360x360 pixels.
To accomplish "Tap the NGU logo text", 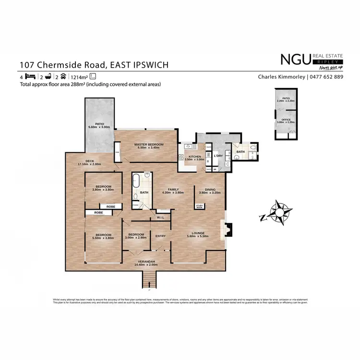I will pyautogui.click(x=295, y=60).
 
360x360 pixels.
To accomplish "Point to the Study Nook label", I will pyautogui.click(x=199, y=206).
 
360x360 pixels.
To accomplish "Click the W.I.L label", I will pyautogui.click(x=161, y=218).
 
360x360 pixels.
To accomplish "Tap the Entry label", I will pyautogui.click(x=160, y=236).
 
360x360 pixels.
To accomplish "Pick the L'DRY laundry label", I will pyautogui.click(x=218, y=156).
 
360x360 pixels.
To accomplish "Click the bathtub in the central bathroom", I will pyautogui.click(x=136, y=182).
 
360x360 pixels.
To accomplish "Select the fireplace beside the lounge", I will pyautogui.click(x=228, y=229).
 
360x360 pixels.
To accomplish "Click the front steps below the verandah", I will pyautogui.click(x=149, y=280).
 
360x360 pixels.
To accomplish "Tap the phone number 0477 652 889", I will pyautogui.click(x=326, y=77).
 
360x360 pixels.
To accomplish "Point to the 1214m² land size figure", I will pyautogui.click(x=79, y=77).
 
